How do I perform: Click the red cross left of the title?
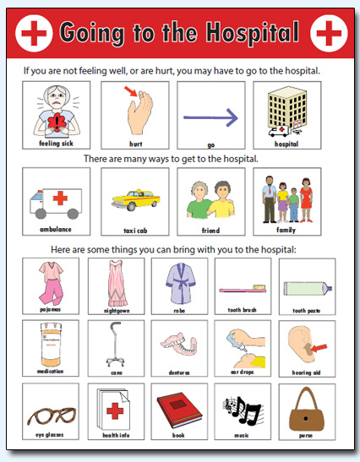coord(35,33)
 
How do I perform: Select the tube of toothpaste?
coord(306,287)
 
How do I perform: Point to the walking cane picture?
coord(115,347)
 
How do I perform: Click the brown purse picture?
coord(306,411)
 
